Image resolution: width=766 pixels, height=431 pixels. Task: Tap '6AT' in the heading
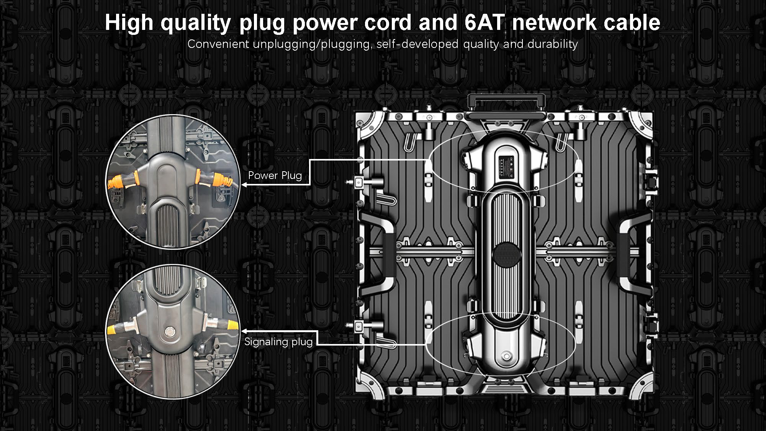[485, 23]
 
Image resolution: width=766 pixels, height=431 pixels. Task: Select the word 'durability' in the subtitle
[553, 44]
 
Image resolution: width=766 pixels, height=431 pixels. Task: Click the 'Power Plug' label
[275, 175]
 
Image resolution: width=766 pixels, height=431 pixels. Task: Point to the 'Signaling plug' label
[278, 342]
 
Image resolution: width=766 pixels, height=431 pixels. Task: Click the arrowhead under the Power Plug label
[244, 185]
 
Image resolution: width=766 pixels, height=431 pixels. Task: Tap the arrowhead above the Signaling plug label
[244, 330]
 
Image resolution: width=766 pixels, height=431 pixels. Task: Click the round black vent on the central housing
[506, 253]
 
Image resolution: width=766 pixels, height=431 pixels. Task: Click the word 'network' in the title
[554, 23]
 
